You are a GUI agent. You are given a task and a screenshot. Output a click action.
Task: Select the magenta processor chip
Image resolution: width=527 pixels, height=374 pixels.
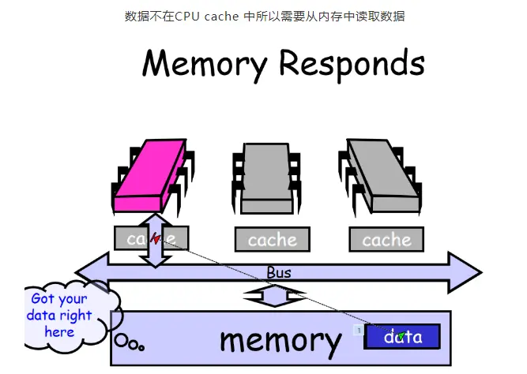149,177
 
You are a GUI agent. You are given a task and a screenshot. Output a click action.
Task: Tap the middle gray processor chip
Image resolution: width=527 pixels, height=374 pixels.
267,178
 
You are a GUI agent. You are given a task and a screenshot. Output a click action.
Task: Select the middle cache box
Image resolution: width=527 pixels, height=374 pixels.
272,239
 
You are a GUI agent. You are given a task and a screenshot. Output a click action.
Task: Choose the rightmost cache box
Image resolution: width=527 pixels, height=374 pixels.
386,239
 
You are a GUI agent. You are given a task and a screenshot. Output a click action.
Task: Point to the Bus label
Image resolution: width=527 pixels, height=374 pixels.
278,272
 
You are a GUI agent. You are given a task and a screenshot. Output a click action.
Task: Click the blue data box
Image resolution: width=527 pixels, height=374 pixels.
402,337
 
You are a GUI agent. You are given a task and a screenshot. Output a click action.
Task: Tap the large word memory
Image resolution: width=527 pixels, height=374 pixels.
280,339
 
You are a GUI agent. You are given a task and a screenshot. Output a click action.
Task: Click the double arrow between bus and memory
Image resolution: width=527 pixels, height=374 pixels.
273,297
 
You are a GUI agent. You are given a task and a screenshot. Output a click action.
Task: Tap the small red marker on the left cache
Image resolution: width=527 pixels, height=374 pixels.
156,237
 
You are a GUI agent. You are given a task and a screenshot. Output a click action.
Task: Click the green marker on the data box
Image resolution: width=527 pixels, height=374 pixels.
401,337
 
